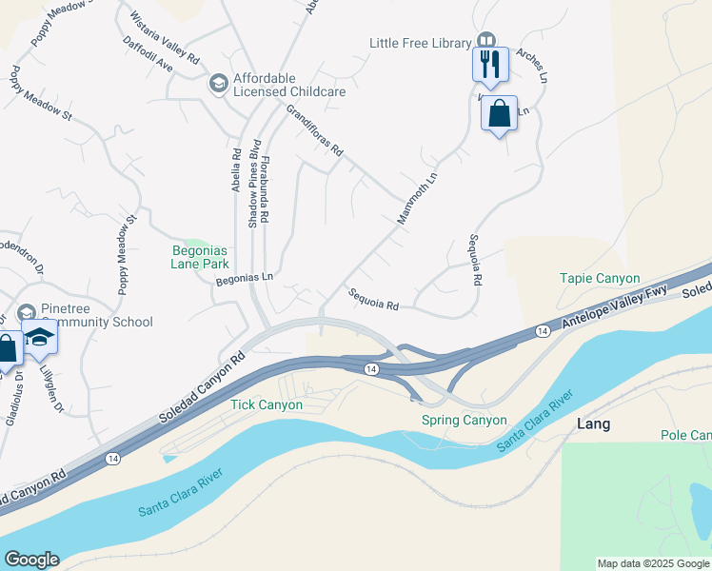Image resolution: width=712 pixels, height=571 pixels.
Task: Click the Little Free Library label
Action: tap(421, 43)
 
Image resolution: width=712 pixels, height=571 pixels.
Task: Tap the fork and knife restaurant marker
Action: tap(491, 64)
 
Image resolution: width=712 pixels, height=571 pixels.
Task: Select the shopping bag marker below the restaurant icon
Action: tap(499, 113)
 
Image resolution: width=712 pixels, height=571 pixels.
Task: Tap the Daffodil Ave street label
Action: tap(148, 55)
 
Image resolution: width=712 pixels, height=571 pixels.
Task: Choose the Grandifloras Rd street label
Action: tap(313, 131)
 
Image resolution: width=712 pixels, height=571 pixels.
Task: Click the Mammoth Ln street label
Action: tap(416, 199)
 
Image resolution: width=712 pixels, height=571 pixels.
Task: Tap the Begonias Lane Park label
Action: tap(201, 257)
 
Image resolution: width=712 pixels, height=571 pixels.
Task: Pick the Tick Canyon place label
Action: tap(267, 404)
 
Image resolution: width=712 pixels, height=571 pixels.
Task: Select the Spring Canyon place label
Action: tap(464, 420)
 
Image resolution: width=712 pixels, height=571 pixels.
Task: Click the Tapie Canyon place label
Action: tap(599, 279)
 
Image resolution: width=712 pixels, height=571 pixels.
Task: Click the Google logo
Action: tap(31, 560)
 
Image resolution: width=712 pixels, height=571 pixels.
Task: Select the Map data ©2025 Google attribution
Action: tap(653, 563)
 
